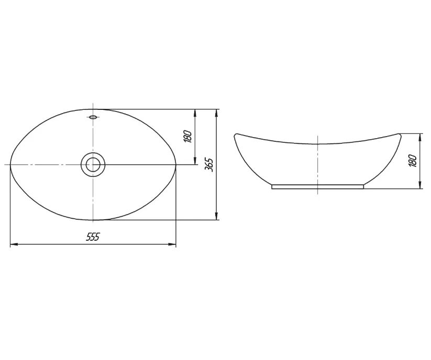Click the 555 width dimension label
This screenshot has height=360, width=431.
pyautogui.click(x=93, y=237)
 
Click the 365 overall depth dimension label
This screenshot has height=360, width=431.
pyautogui.click(x=209, y=165)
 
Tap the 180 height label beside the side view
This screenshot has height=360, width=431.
pyautogui.click(x=413, y=161)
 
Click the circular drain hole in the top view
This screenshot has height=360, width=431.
pyautogui.click(x=93, y=165)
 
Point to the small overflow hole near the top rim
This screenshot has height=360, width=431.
pyautogui.click(x=93, y=117)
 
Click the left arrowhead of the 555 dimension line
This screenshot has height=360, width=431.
pyautogui.click(x=14, y=244)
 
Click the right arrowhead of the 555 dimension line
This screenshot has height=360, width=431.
pyautogui.click(x=172, y=244)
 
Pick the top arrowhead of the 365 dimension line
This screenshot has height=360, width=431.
pyautogui.click(x=217, y=113)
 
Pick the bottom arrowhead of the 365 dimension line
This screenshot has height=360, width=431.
pyautogui.click(x=217, y=216)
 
